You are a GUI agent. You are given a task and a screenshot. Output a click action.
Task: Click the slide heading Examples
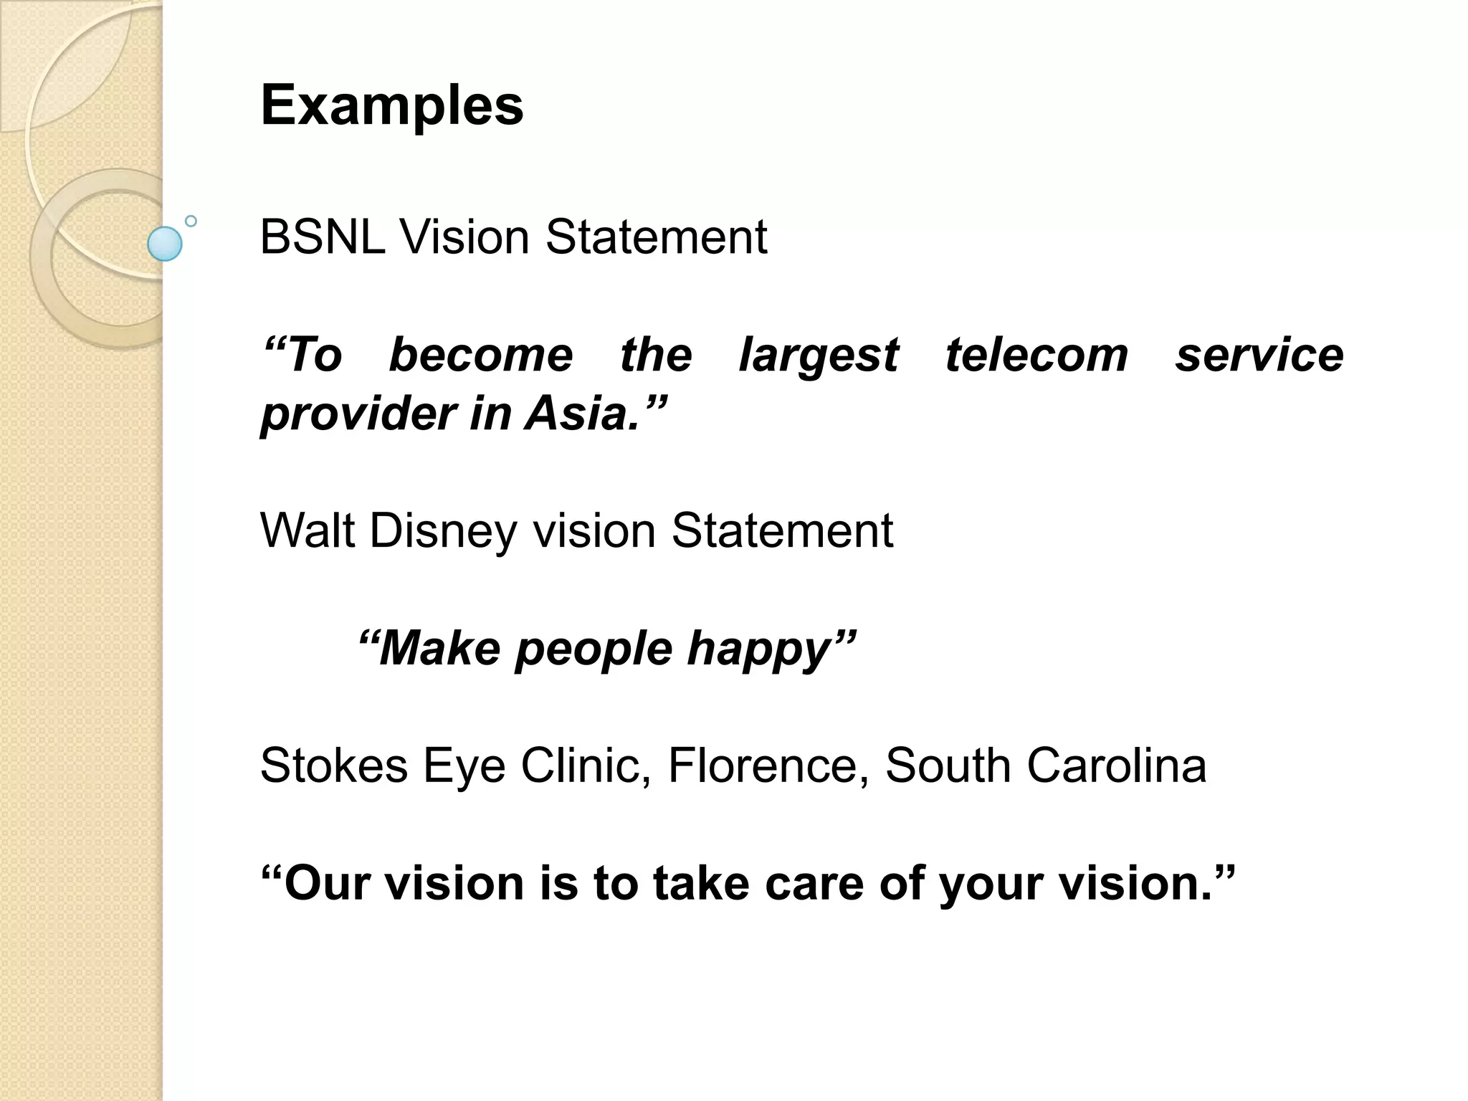(x=391, y=106)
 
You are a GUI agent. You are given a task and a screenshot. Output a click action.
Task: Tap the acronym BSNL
(x=322, y=237)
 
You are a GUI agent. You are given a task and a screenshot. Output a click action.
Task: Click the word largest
(x=818, y=356)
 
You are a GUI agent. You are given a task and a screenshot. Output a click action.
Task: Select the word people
(x=594, y=649)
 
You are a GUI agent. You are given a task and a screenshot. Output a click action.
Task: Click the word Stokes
(x=333, y=766)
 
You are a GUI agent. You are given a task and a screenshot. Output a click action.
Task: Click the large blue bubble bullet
(x=165, y=244)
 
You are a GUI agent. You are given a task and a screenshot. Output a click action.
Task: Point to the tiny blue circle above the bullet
(x=191, y=221)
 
